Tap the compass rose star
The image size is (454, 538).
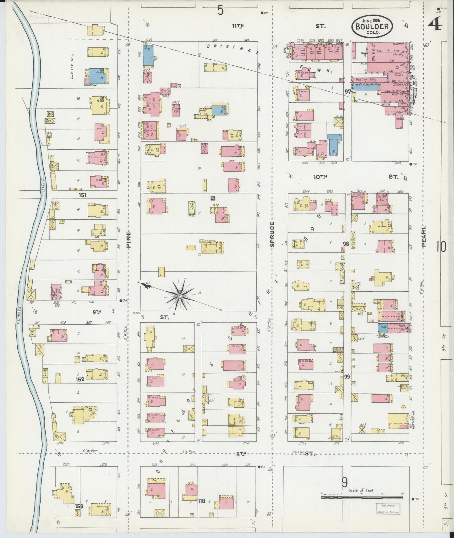[x=179, y=296]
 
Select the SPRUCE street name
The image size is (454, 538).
[x=272, y=234]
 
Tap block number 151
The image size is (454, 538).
[x=83, y=195]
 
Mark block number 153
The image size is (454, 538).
[x=79, y=506]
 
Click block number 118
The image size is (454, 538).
[x=201, y=501]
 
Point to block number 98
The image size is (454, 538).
[x=346, y=244]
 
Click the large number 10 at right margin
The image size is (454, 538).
[x=440, y=247]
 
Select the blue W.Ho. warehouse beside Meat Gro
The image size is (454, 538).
[x=383, y=328]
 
